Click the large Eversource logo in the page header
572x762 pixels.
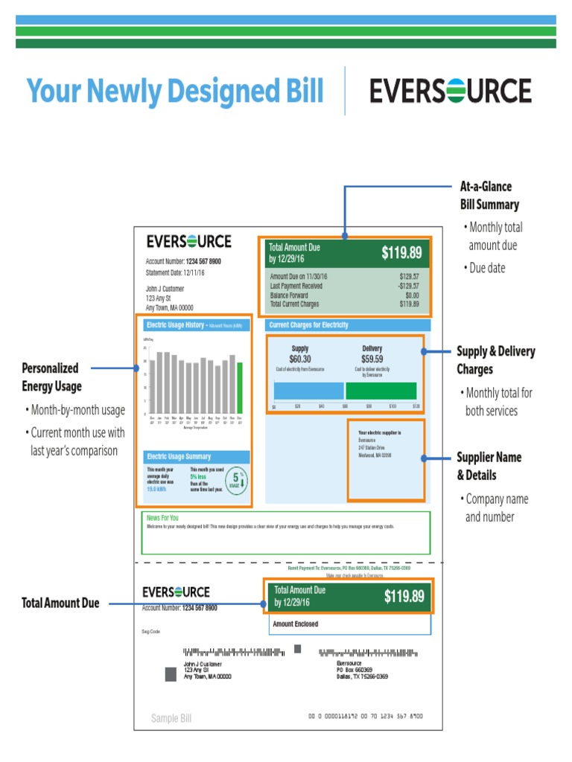click(451, 91)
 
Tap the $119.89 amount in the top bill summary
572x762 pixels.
click(402, 253)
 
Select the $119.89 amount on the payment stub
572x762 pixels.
click(404, 596)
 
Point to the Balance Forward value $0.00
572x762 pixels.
click(410, 295)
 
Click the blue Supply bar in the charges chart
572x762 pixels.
click(308, 391)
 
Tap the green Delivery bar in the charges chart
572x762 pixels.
click(381, 391)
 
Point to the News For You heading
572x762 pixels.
click(162, 518)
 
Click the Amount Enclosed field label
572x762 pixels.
click(296, 624)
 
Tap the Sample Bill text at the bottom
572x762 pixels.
click(171, 719)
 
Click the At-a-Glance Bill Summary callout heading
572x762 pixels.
click(489, 195)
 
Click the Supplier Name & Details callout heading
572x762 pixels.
click(489, 466)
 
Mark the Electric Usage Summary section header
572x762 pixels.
click(179, 457)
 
